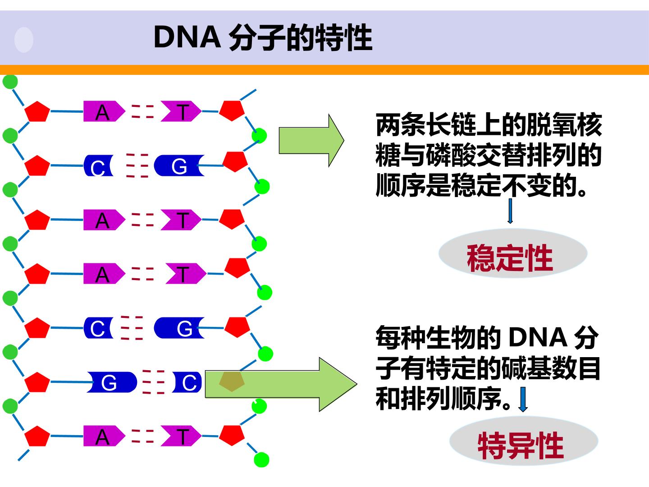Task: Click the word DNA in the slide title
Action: (187, 37)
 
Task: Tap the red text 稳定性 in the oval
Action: (510, 258)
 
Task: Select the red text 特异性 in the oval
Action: (521, 446)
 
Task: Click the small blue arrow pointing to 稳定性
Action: (510, 211)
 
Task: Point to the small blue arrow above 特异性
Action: (523, 399)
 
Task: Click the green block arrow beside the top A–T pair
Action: (311, 140)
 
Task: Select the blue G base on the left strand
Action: (111, 382)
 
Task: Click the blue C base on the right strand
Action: (187, 382)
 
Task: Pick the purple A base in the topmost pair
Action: (104, 111)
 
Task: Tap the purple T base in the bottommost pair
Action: (181, 436)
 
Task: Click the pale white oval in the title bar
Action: (23, 40)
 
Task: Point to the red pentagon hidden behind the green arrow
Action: (232, 382)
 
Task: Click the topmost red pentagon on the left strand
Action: (37, 111)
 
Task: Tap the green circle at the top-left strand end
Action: (10, 82)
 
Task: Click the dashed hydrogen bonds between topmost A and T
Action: (142, 111)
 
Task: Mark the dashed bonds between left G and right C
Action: (153, 382)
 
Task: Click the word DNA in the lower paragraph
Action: (538, 337)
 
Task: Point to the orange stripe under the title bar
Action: (324, 70)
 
